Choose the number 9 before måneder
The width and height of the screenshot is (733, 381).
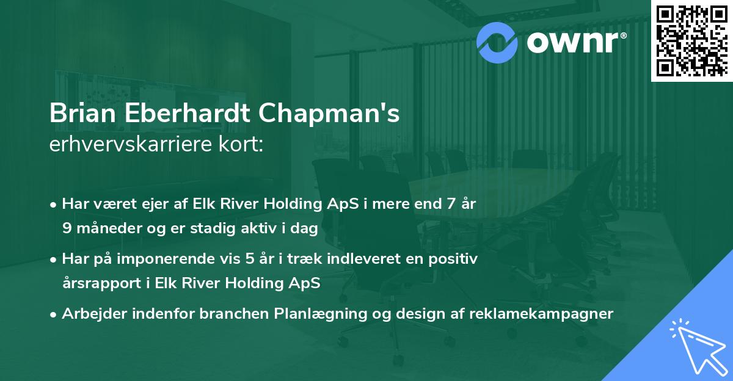[67, 228]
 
